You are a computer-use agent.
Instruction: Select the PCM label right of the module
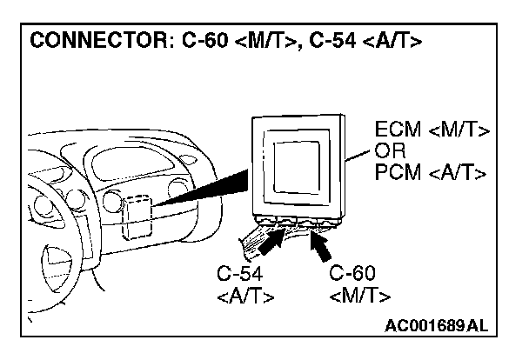[x=398, y=171]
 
